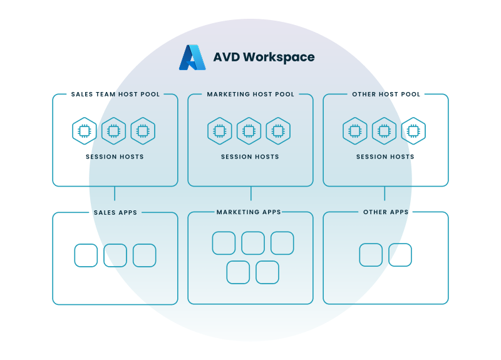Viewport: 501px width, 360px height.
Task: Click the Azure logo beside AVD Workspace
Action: pyautogui.click(x=192, y=58)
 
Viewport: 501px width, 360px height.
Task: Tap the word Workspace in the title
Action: pyautogui.click(x=279, y=58)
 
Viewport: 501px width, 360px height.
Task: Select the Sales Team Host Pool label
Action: pyautogui.click(x=115, y=95)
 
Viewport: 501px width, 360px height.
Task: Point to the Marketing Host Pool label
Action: pyautogui.click(x=250, y=95)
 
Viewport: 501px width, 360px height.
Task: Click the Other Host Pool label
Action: pyautogui.click(x=386, y=95)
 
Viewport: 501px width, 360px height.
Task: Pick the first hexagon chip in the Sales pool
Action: pyautogui.click(x=85, y=131)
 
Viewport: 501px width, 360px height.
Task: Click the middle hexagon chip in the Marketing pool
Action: pyautogui.click(x=249, y=131)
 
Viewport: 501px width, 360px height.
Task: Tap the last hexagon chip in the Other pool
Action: pyautogui.click(x=413, y=131)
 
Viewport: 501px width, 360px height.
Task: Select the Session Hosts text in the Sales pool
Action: pyautogui.click(x=115, y=157)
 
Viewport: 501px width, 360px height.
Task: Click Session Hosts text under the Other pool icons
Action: pyautogui.click(x=385, y=157)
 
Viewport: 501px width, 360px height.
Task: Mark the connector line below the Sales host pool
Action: pyautogui.click(x=115, y=193)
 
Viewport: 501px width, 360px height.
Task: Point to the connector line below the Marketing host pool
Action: pyautogui.click(x=251, y=193)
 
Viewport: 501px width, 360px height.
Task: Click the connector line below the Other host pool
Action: pyautogui.click(x=385, y=193)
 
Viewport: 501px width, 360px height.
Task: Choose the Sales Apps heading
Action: pyautogui.click(x=115, y=213)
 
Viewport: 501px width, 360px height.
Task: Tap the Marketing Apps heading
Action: pyautogui.click(x=249, y=212)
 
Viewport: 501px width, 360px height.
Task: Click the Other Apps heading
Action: pyautogui.click(x=386, y=212)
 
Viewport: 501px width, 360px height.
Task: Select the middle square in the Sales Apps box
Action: pyautogui.click(x=115, y=255)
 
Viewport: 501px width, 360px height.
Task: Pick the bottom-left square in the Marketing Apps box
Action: pyautogui.click(x=238, y=272)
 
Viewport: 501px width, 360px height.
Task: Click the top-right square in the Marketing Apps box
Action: pyautogui.click(x=282, y=243)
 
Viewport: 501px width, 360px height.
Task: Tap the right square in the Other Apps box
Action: pyautogui.click(x=400, y=255)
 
